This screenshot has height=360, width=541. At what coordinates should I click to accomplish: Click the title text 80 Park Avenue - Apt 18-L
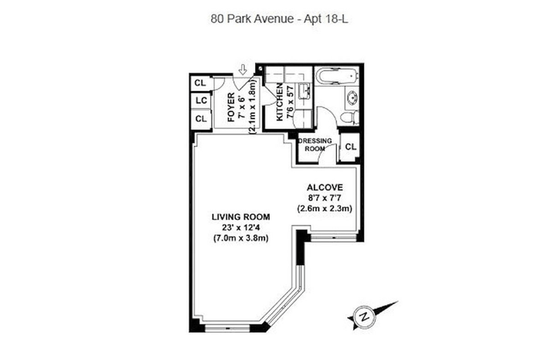coord(279,19)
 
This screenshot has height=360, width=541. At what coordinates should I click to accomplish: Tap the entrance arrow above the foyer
coord(243,70)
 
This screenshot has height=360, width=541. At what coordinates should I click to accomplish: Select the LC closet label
coord(202,100)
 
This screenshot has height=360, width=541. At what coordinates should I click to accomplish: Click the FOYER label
coord(232,107)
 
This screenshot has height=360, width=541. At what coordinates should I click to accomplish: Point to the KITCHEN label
coord(280,102)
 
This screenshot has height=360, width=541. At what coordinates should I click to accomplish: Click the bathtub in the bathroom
coord(336,76)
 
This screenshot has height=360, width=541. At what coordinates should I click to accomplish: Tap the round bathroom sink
coord(352,97)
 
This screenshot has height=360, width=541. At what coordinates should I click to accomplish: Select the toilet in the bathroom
coord(350,117)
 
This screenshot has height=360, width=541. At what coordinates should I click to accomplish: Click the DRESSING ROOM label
coord(315,144)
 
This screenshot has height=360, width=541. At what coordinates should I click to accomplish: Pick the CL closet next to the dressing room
coord(351,147)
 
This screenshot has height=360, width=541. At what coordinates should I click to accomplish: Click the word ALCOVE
coord(325,188)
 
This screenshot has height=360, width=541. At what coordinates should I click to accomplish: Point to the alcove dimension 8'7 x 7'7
coord(325,198)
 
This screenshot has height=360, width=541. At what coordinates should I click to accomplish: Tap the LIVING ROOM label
coord(241,217)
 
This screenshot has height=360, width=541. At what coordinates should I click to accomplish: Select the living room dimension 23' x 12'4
coord(241,227)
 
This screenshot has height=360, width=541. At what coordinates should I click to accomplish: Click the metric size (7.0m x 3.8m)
coord(241,238)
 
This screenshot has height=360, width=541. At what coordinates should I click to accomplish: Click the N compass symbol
coord(364,316)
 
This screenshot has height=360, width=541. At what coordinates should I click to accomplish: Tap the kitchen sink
coord(305,90)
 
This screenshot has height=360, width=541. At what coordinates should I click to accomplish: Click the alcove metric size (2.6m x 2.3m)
coord(325,209)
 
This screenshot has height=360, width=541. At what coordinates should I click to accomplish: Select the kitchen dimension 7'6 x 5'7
coord(290,102)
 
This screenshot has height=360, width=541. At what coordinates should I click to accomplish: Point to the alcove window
coord(333,237)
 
